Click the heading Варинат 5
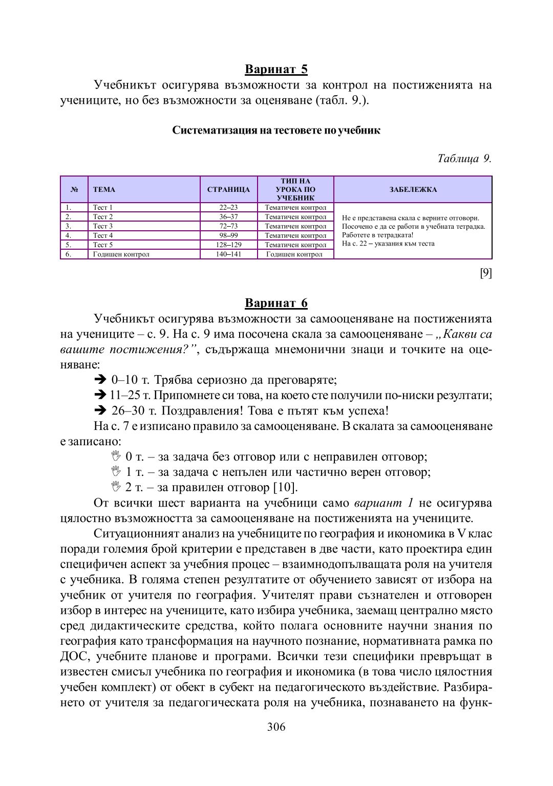276,69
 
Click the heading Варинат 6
276,303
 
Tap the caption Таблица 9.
464,158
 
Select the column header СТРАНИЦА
228,190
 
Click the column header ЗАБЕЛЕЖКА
413,190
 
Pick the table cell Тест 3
103,226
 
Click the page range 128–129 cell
228,245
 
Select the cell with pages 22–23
228,208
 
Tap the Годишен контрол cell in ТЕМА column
121,254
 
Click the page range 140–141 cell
228,254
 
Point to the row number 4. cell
68,235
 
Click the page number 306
276,727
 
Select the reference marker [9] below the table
485,273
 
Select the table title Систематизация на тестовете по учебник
276,130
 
